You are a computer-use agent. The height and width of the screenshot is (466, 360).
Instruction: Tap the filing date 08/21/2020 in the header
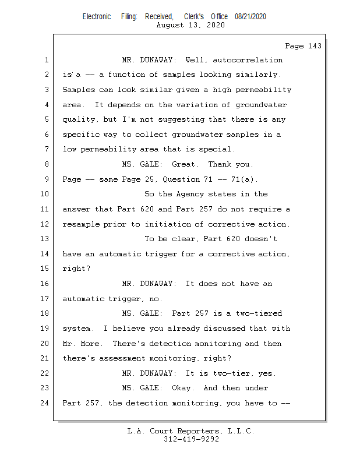coord(250,17)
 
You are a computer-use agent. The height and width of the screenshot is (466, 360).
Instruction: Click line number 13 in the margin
coord(45,239)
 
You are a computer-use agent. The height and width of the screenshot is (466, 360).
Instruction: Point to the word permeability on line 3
coord(264,90)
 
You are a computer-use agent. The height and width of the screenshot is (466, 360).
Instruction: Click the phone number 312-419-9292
coord(191,439)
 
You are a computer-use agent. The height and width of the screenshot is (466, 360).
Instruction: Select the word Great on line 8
coord(185,164)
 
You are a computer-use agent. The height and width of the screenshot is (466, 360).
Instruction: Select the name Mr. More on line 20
coord(81,344)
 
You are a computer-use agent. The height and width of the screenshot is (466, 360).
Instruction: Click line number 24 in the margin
coord(45,403)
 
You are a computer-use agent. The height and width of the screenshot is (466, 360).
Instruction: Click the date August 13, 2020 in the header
coord(191,25)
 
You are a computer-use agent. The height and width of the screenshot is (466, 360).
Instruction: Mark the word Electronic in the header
coord(97,17)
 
